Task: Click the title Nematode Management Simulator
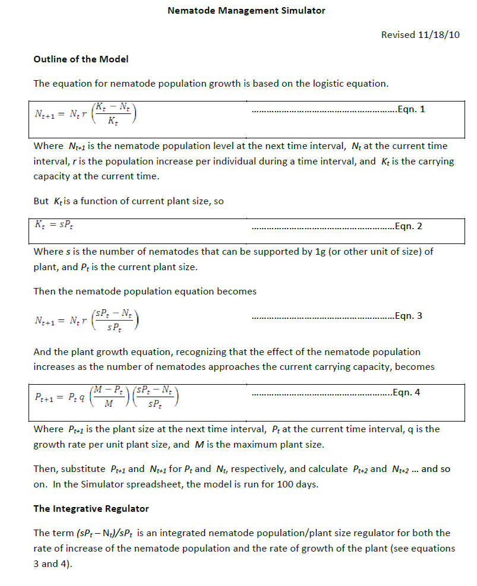tap(246, 11)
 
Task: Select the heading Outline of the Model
tap(81, 59)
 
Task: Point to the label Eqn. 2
tap(409, 226)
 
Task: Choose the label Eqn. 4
tap(406, 392)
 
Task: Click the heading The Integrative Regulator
tap(91, 509)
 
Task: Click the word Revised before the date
tap(398, 35)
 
